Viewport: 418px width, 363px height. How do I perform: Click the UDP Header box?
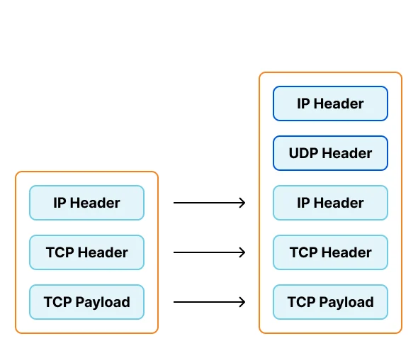pyautogui.click(x=330, y=153)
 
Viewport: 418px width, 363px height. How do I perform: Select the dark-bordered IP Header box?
pyautogui.click(x=330, y=104)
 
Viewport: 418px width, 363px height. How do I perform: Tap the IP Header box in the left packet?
pyautogui.click(x=86, y=203)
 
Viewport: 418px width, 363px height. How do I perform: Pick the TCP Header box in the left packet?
pyautogui.click(x=86, y=252)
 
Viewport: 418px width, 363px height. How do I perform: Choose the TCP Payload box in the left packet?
pyautogui.click(x=86, y=302)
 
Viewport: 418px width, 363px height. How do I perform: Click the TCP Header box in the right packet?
pyautogui.click(x=330, y=252)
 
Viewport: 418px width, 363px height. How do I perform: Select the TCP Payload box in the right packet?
pyautogui.click(x=330, y=302)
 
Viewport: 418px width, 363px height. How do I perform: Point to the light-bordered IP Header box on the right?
pyautogui.click(x=330, y=203)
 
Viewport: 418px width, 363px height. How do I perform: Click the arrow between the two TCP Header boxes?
pyautogui.click(x=209, y=252)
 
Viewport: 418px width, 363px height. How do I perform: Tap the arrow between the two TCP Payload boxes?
pyautogui.click(x=209, y=302)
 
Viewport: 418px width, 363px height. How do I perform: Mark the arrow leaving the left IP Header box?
pyautogui.click(x=209, y=203)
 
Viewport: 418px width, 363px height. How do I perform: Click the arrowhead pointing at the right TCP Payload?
pyautogui.click(x=242, y=302)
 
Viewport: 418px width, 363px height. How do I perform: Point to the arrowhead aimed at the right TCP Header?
pyautogui.click(x=242, y=252)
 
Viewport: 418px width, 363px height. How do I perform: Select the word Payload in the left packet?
pyautogui.click(x=103, y=303)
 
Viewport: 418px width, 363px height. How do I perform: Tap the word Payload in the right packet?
pyautogui.click(x=346, y=303)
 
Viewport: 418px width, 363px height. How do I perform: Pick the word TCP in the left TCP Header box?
pyautogui.click(x=60, y=252)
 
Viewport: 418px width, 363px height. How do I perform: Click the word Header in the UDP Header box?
pyautogui.click(x=347, y=153)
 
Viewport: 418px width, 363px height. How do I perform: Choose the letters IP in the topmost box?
pyautogui.click(x=303, y=104)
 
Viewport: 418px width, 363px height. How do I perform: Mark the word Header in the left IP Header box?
pyautogui.click(x=95, y=203)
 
